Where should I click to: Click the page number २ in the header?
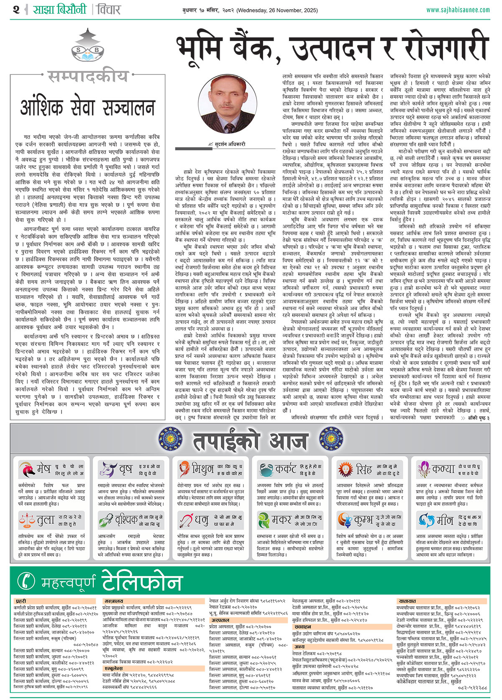click(16, 10)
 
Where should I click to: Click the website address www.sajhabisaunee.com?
click(458, 10)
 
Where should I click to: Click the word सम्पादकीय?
click(87, 77)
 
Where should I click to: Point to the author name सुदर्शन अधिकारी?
click(230, 144)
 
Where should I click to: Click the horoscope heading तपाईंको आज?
click(250, 440)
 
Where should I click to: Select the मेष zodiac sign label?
click(43, 469)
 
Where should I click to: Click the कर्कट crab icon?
click(266, 470)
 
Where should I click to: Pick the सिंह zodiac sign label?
click(364, 469)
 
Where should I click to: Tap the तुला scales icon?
click(27, 520)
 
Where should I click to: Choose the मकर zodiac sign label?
click(281, 520)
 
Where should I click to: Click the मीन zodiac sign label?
click(445, 520)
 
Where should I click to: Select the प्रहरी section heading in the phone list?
click(21, 601)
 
